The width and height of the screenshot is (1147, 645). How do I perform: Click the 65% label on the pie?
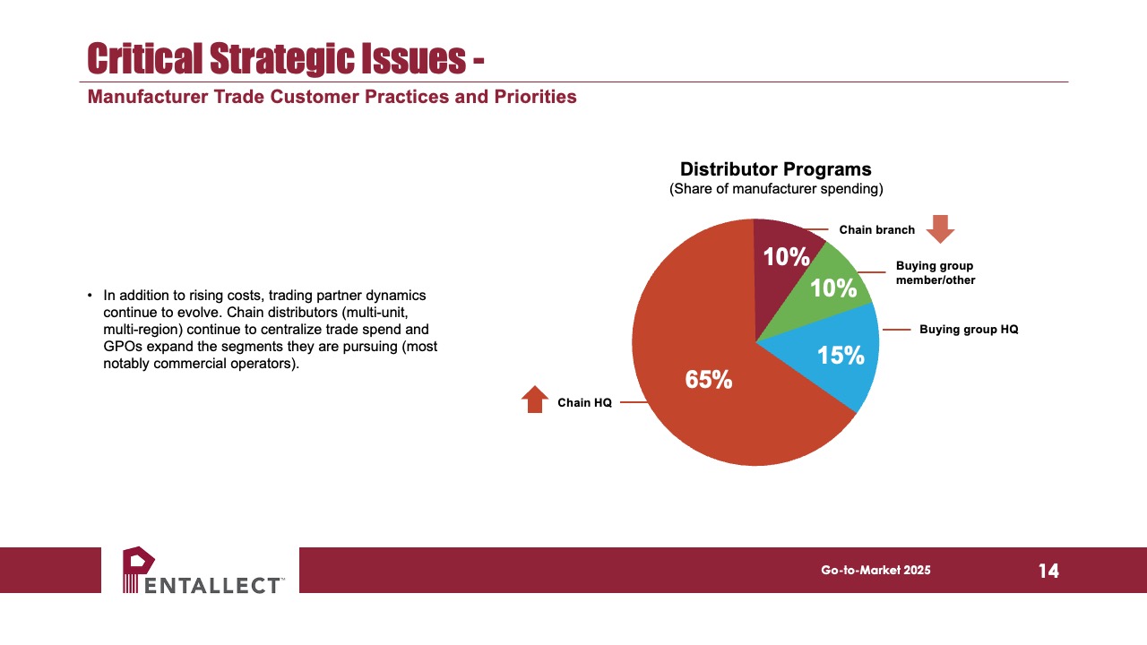point(709,379)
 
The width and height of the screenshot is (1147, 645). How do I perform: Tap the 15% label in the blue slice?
point(841,356)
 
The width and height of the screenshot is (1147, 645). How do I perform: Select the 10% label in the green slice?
point(833,288)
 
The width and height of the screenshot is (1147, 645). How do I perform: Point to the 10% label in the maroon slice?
point(787,256)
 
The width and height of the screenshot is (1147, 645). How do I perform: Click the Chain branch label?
point(876,230)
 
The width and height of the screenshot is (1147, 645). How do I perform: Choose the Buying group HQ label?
point(969,329)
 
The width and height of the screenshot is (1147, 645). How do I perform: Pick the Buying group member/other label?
point(936,273)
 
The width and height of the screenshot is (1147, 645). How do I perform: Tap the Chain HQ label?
point(584,403)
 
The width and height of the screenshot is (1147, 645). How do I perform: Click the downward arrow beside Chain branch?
point(940,228)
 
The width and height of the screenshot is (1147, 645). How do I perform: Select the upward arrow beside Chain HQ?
point(535,400)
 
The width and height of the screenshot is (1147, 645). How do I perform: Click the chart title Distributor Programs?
point(776,169)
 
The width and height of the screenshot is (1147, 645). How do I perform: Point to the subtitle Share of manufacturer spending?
point(776,189)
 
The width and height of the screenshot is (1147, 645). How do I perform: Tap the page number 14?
point(1048,571)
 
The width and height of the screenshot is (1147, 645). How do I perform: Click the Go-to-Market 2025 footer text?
point(875,571)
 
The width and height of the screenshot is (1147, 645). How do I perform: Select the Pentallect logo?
point(203,571)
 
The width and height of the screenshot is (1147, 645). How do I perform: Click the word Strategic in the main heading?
point(281,58)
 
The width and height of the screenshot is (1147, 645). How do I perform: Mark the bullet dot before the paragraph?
point(91,296)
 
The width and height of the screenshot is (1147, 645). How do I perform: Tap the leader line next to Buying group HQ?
point(897,330)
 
